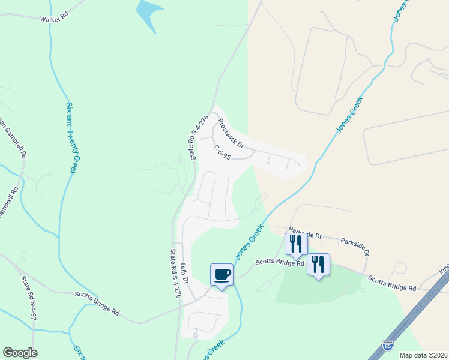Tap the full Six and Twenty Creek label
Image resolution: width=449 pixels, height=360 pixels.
(71, 138)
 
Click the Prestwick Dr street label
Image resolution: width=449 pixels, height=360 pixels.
(231, 133)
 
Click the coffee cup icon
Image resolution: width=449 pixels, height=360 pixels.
(221, 274)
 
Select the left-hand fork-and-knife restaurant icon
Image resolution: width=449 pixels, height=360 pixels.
(295, 244)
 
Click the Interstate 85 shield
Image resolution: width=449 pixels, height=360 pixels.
(388, 346)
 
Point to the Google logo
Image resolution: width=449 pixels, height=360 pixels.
(20, 353)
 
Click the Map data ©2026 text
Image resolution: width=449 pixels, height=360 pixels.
(423, 355)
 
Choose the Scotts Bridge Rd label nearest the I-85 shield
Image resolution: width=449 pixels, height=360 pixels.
(392, 283)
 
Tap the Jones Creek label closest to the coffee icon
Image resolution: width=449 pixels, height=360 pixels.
(249, 241)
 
